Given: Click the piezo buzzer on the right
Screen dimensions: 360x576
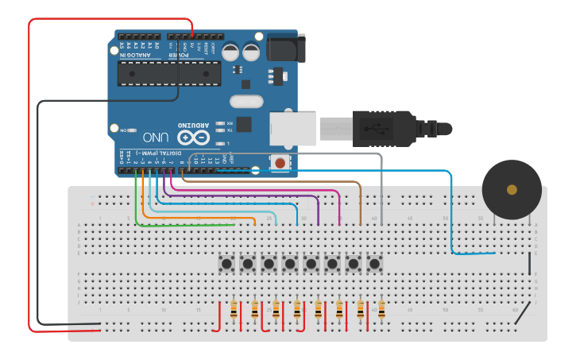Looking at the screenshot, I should tap(512, 189).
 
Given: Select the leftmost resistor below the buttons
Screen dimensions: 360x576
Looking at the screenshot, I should tap(233, 311).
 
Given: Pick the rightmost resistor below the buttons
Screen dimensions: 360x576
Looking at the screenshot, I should tap(381, 311).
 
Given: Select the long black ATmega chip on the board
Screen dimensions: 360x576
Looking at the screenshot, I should tap(168, 73).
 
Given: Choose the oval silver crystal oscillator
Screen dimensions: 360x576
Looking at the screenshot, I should tap(245, 102).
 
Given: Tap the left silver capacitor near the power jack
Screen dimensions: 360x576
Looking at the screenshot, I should tap(230, 52).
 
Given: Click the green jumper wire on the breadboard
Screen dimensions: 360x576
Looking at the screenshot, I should tap(183, 224).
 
